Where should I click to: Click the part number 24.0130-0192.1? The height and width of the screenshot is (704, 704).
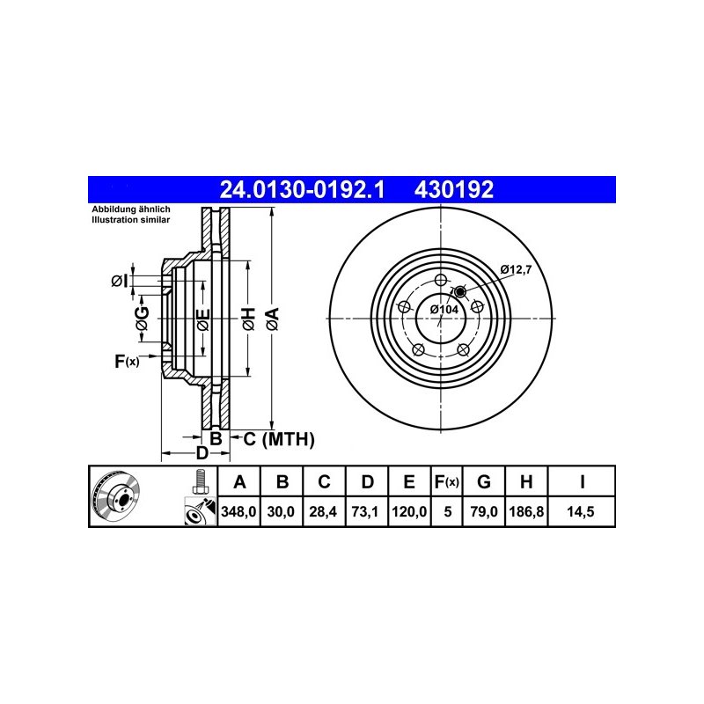[x=302, y=189]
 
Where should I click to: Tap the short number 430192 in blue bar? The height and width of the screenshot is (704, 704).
[x=454, y=189]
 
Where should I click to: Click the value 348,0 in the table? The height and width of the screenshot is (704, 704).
[x=238, y=511]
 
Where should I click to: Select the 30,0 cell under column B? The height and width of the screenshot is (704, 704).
[x=281, y=511]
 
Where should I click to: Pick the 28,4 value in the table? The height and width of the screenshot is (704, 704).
[x=323, y=511]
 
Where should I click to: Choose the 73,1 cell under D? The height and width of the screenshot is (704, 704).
[x=365, y=511]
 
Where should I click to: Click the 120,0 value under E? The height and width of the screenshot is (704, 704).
[x=409, y=511]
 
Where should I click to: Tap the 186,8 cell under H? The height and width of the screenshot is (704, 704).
[x=526, y=511]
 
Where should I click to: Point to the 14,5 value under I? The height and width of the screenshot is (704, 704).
[x=581, y=511]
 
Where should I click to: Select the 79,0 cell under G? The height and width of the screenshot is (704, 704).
[x=484, y=511]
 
